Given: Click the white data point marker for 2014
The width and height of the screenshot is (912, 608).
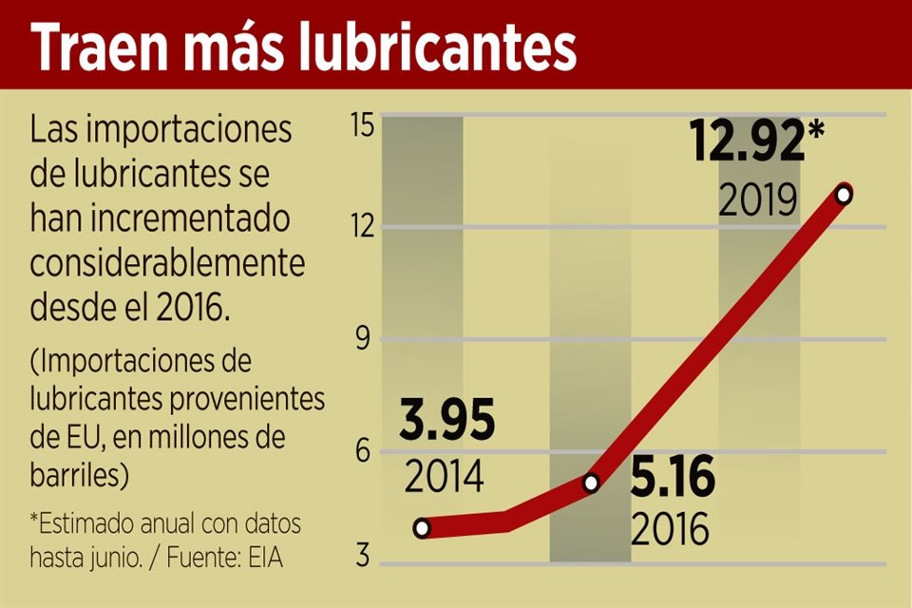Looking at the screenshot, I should coord(422,528).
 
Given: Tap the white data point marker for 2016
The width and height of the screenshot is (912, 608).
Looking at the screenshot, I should coord(591,484).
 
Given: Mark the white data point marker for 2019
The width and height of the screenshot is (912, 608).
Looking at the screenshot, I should coord(843,195).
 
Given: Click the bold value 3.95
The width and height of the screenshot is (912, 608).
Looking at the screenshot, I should coord(447,424).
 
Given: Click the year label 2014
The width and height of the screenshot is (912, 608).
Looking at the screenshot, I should coord(445,476).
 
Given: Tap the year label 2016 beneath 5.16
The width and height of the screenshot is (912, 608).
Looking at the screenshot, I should coord(671,529).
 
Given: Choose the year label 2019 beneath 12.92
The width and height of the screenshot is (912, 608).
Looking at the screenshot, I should coord(757,200).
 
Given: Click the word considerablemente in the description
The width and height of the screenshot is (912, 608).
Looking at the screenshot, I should coord(168,263).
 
